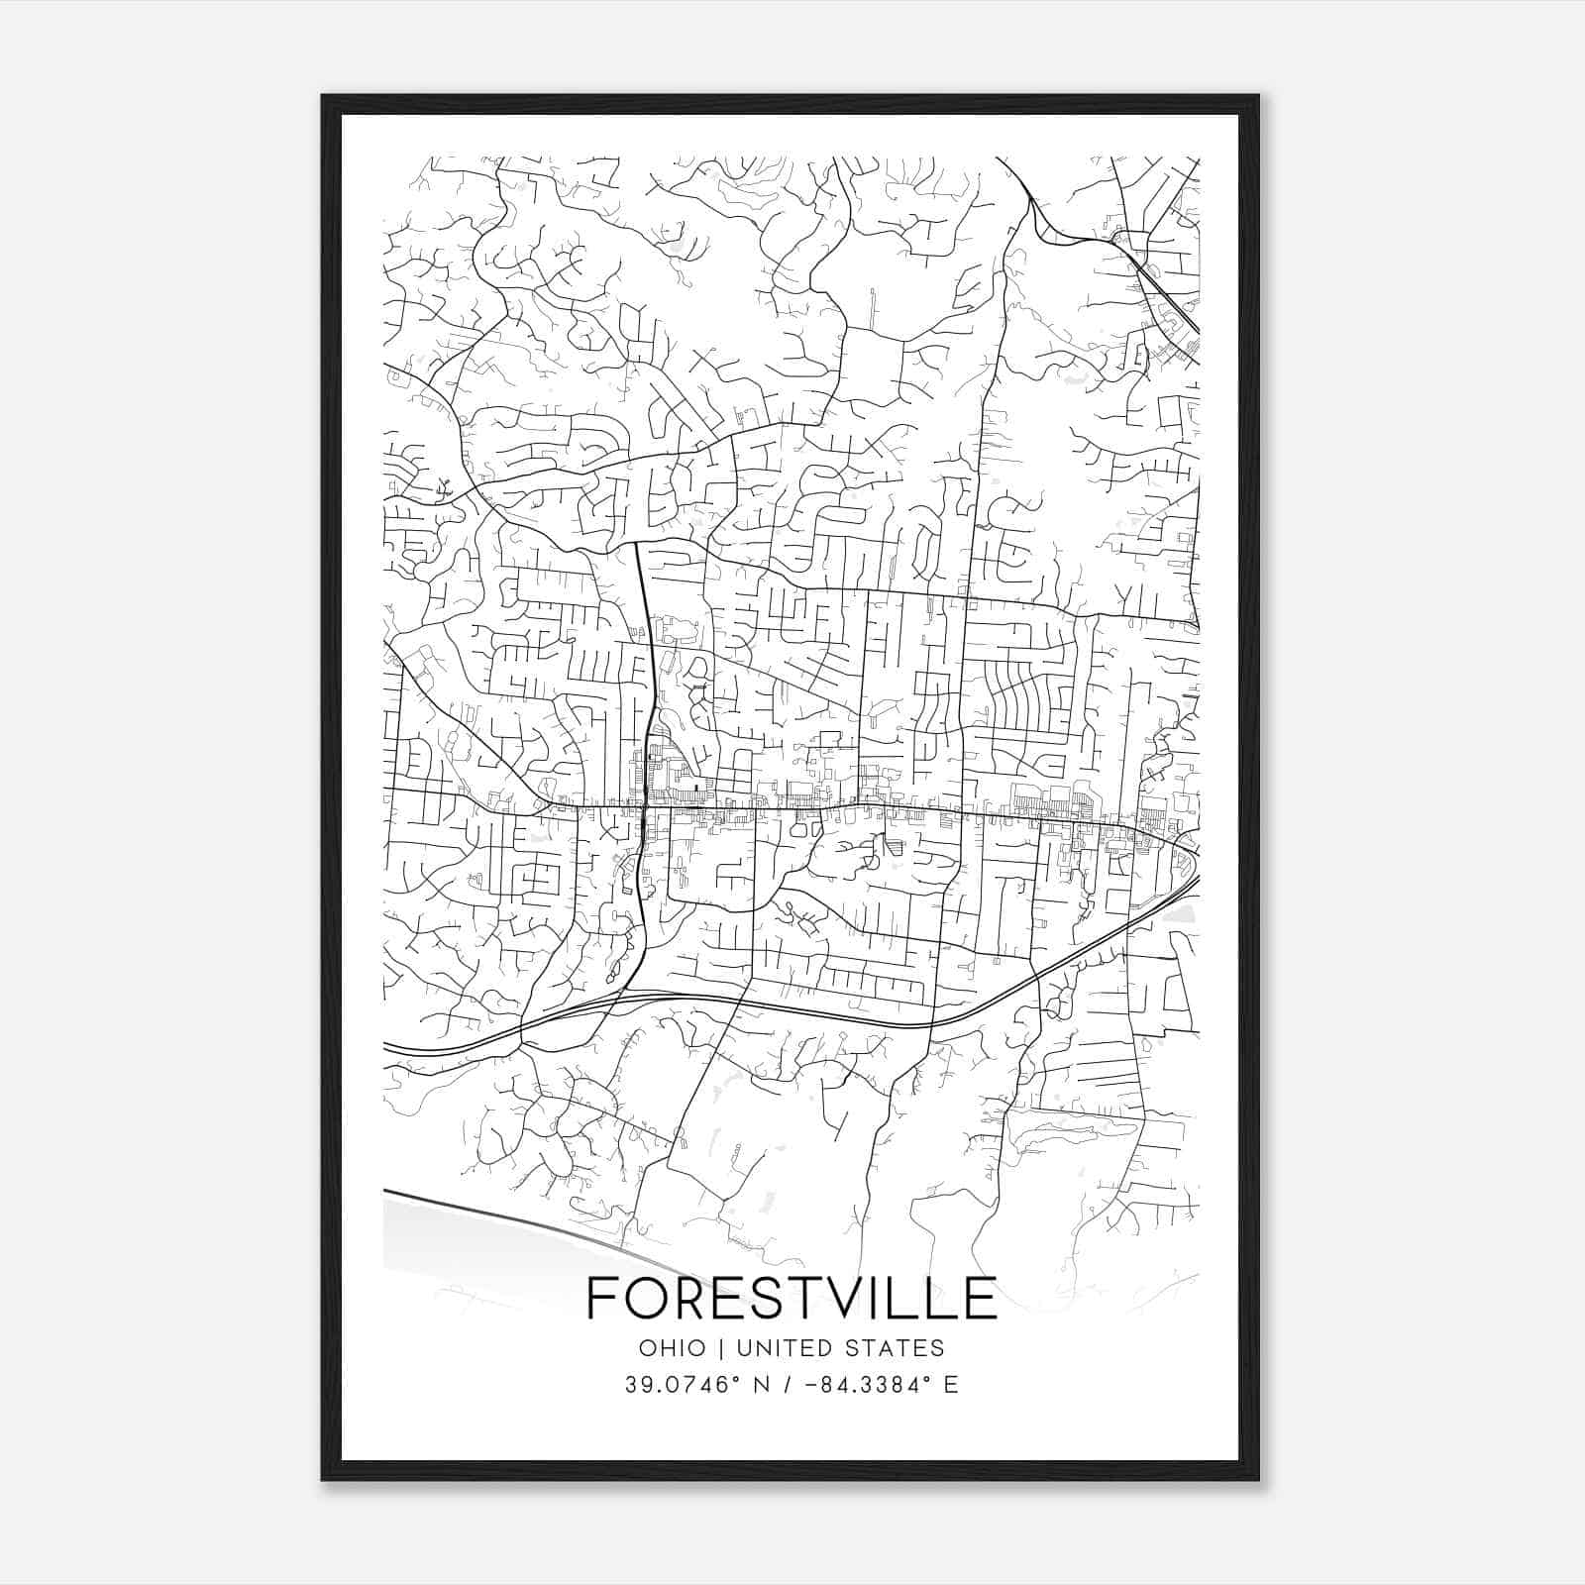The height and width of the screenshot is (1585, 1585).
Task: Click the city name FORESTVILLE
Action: point(792,1298)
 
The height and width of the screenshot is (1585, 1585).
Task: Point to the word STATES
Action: point(897,1348)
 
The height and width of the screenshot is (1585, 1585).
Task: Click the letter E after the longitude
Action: point(951,1385)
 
